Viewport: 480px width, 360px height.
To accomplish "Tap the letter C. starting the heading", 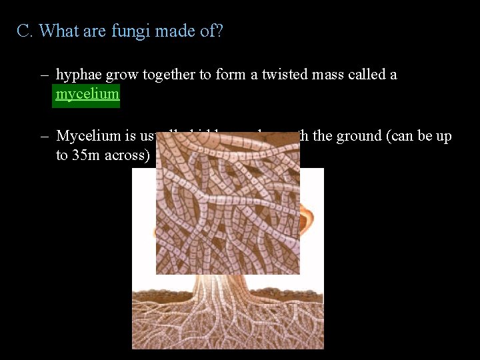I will (x=25, y=31).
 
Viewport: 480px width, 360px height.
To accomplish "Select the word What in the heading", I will (x=59, y=31).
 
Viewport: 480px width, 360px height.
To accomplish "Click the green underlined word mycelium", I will (x=87, y=94).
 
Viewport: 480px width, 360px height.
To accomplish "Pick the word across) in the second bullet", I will (x=130, y=155).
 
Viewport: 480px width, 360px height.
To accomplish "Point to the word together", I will (x=169, y=75).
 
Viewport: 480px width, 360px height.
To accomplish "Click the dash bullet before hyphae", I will (x=43, y=75).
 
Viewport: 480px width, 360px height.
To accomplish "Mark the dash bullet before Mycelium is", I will (x=43, y=137).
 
